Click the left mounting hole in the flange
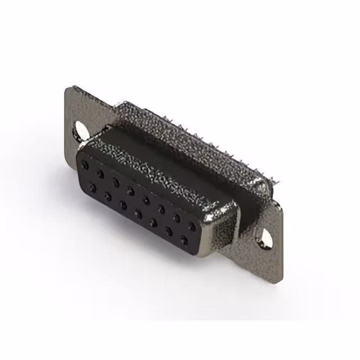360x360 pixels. [x=79, y=130]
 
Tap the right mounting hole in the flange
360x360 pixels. [x=265, y=240]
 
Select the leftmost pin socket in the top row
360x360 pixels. [x=85, y=166]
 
